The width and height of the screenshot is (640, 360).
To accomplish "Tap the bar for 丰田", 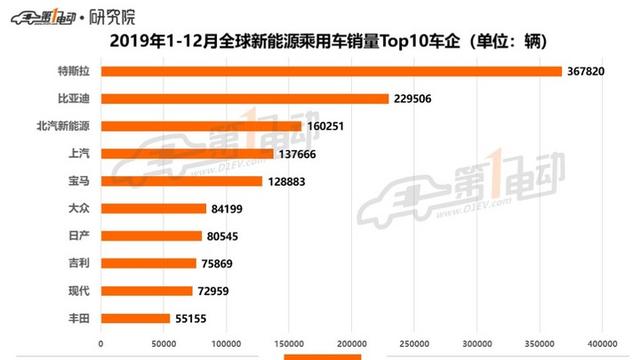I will [x=136, y=318].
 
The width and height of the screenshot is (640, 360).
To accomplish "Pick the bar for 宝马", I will [x=183, y=181].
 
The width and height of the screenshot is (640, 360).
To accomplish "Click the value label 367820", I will [x=587, y=71].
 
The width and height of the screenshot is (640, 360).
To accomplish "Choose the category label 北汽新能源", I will [x=62, y=126].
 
